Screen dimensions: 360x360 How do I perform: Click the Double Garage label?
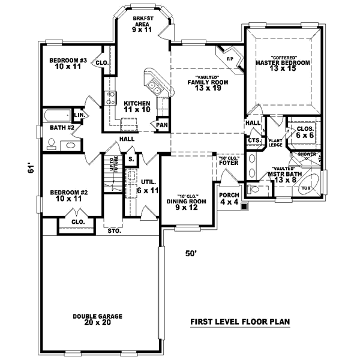[x=98, y=319]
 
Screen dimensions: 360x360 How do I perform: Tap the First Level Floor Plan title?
[x=240, y=322]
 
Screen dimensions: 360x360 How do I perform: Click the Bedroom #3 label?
[x=68, y=64]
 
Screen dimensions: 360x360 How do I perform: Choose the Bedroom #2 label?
[x=68, y=195]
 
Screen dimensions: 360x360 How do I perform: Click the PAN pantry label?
[x=161, y=125]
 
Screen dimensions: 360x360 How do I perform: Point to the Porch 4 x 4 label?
[x=229, y=199]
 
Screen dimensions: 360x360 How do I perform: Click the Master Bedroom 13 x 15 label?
[x=283, y=66]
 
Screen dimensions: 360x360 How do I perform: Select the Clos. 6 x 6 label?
[x=305, y=132]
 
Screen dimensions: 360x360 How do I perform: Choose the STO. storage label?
[x=113, y=230]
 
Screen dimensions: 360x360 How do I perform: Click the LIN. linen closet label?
[x=79, y=115]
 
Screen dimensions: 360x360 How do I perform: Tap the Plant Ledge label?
[x=275, y=142]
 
